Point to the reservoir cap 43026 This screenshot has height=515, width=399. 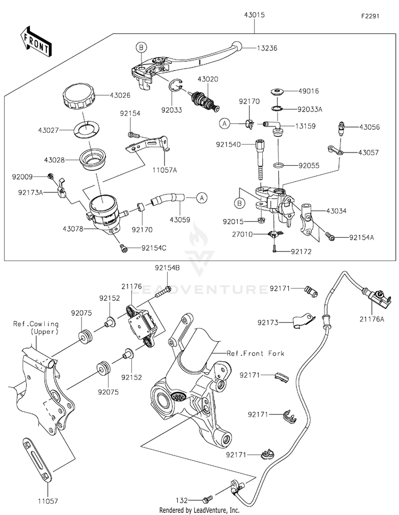click(78, 97)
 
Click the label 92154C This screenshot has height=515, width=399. click(154, 248)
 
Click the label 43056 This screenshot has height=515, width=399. click(369, 128)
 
